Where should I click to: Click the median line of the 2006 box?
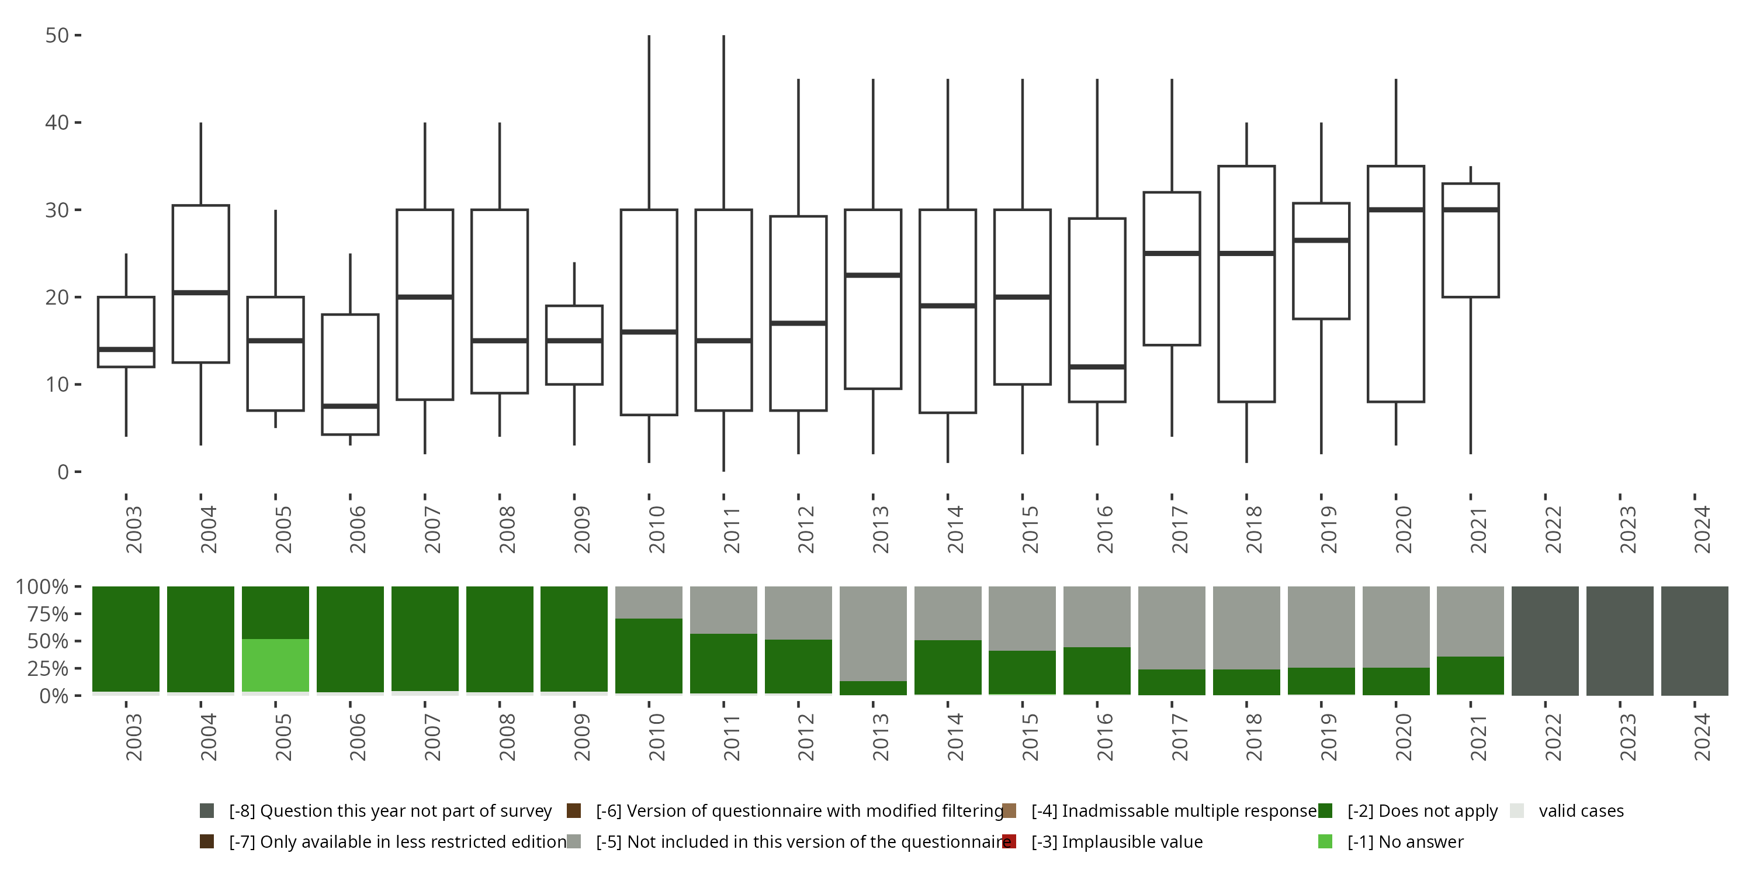351,406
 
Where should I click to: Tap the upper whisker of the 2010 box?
649,123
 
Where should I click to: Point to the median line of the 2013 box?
873,275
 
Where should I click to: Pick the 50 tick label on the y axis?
57,36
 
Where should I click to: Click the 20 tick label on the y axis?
57,298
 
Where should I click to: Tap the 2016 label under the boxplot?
1104,529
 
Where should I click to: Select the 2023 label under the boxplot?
1627,529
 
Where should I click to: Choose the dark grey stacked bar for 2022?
1545,641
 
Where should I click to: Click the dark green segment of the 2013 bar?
873,688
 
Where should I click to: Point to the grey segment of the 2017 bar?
1172,627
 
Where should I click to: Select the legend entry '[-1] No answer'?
1405,841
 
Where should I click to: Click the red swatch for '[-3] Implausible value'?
1010,841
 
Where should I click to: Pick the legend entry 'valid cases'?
1581,811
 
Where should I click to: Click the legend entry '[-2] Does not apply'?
1422,811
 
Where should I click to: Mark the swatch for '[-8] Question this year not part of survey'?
207,811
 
